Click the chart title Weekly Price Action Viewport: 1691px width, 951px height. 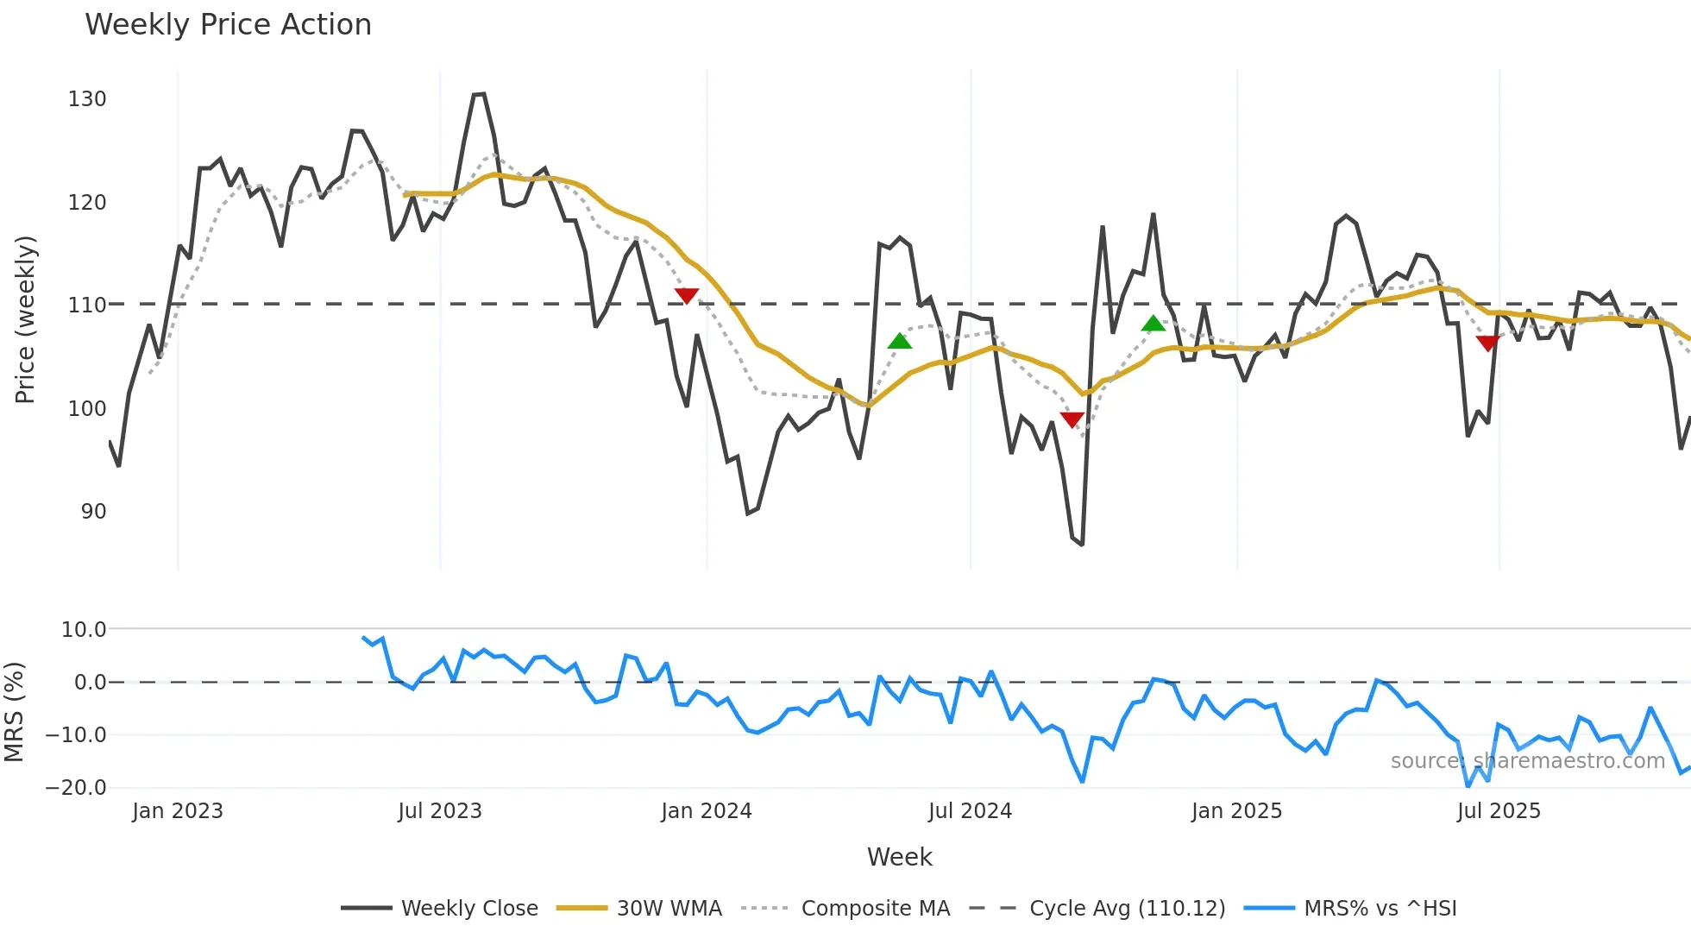point(228,25)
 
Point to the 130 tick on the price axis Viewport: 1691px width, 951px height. point(87,99)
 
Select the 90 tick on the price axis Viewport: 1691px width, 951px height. point(93,512)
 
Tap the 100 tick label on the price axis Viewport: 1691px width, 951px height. point(87,409)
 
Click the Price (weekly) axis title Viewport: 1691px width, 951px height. point(25,319)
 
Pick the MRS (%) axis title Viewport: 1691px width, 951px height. point(14,712)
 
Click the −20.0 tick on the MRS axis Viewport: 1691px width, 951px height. point(76,788)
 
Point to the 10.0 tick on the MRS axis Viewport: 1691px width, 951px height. point(84,630)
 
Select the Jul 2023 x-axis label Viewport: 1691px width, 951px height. point(440,811)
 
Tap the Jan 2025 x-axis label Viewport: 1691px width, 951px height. point(1236,811)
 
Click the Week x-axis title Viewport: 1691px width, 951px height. point(899,857)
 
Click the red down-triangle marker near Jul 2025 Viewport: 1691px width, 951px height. point(1487,343)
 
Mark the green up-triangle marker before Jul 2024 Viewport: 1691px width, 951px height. point(900,341)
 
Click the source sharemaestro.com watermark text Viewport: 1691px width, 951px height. point(1527,761)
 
